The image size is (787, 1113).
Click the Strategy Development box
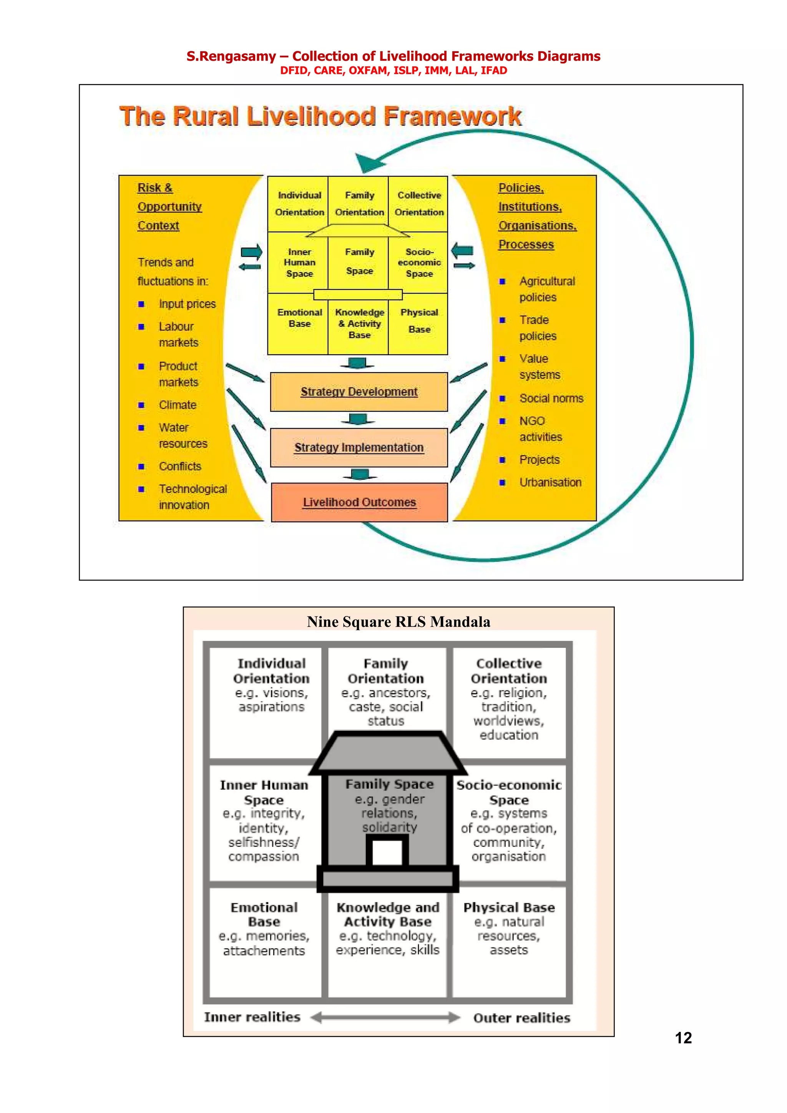tap(359, 392)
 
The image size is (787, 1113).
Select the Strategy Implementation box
tap(359, 447)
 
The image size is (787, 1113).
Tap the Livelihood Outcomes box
tap(359, 502)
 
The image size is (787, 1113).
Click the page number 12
tap(683, 1038)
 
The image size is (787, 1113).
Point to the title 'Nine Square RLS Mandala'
tap(398, 621)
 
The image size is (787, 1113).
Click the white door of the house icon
tap(387, 852)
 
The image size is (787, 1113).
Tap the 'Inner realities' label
tap(252, 1017)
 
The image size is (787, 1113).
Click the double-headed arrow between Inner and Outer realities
tap(385, 1017)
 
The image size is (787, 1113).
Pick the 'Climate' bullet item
tap(178, 405)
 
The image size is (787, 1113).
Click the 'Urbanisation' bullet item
tap(550, 482)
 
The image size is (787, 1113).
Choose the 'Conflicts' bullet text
tap(180, 466)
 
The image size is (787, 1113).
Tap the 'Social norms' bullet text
tap(551, 399)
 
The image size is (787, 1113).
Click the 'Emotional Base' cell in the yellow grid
tap(299, 318)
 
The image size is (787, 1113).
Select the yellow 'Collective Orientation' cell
tap(419, 204)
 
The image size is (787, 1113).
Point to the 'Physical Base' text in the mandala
tap(509, 908)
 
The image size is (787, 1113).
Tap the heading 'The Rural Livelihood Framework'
tap(320, 116)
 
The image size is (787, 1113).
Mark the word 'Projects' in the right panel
tap(539, 460)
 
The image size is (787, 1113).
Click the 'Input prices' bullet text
tap(187, 304)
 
